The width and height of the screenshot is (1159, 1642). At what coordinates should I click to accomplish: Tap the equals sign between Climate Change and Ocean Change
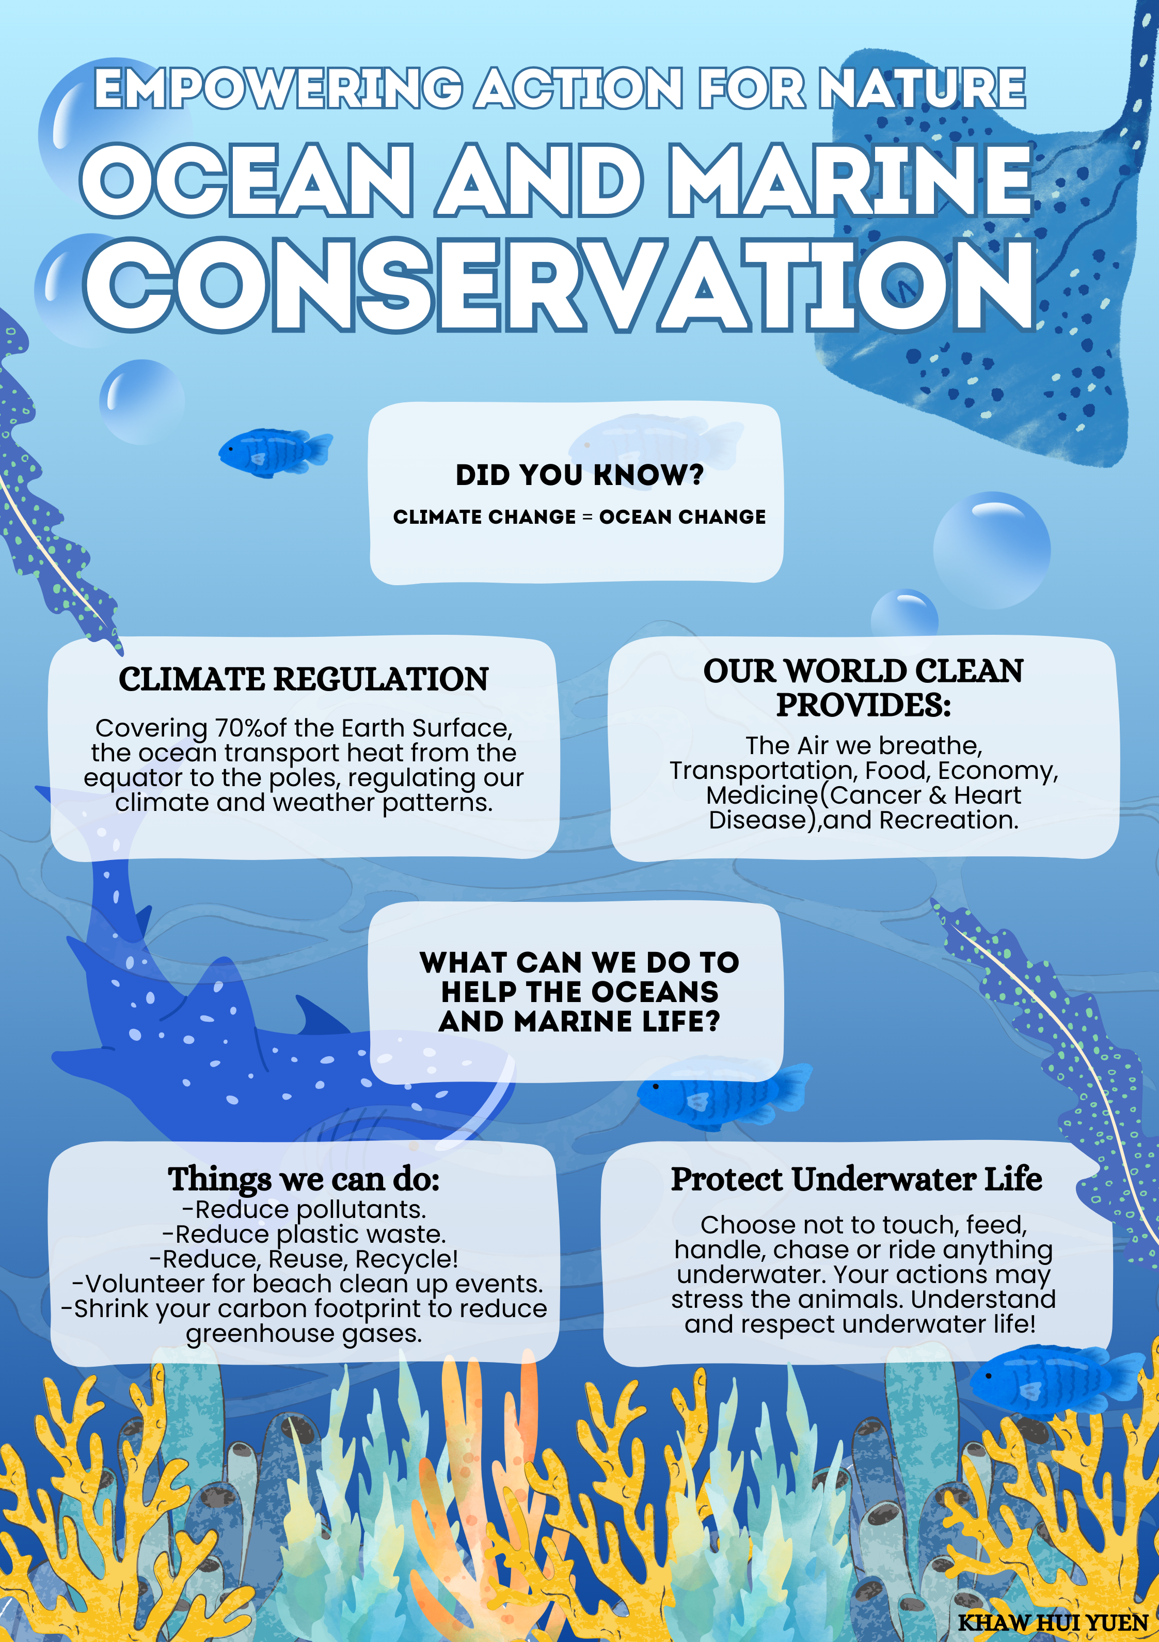(587, 517)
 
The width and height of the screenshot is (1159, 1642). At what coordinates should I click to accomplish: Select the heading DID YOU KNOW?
(580, 475)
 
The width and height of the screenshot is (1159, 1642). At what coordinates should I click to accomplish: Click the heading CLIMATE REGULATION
(304, 679)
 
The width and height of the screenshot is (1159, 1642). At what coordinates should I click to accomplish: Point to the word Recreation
(949, 820)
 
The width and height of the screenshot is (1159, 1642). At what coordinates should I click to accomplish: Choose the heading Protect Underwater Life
(856, 1179)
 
